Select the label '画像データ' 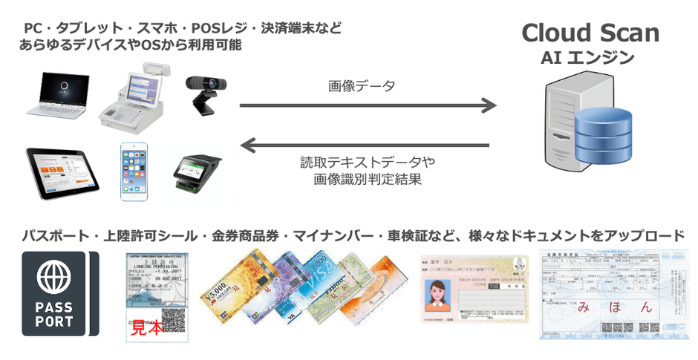coord(362,86)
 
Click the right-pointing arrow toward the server coord(368,105)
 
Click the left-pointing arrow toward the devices coord(368,144)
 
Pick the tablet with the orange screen coord(59,172)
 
